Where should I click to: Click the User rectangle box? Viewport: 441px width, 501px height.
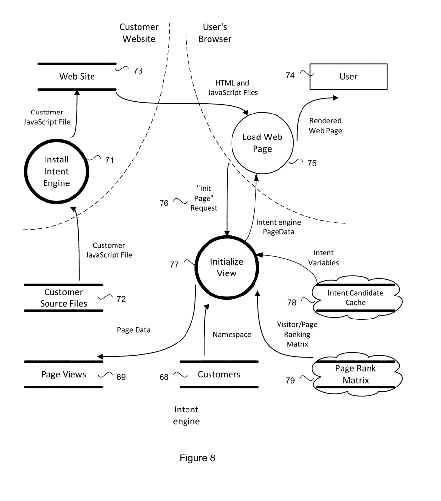point(348,76)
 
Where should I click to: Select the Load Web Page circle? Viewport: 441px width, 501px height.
point(262,143)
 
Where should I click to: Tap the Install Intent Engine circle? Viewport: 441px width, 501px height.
point(57,171)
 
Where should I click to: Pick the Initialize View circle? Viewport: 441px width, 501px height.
point(227,268)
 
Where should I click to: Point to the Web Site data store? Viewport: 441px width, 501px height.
point(77,76)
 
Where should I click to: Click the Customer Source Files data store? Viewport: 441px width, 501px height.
point(64,298)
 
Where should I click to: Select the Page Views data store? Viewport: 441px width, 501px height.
point(64,375)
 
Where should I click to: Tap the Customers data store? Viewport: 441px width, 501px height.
point(219,375)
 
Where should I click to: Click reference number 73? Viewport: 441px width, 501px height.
point(138,71)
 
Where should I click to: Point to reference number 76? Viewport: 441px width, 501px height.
point(164,202)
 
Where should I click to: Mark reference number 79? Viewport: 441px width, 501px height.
point(290,380)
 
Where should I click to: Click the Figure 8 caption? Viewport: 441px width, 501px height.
point(197,458)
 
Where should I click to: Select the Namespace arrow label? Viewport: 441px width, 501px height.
point(232,335)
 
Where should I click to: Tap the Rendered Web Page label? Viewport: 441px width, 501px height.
point(325,126)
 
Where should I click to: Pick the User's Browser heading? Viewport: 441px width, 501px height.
point(215,33)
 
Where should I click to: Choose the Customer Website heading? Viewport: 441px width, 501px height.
point(139,33)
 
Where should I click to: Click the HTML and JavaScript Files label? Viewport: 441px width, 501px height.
point(233,88)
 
